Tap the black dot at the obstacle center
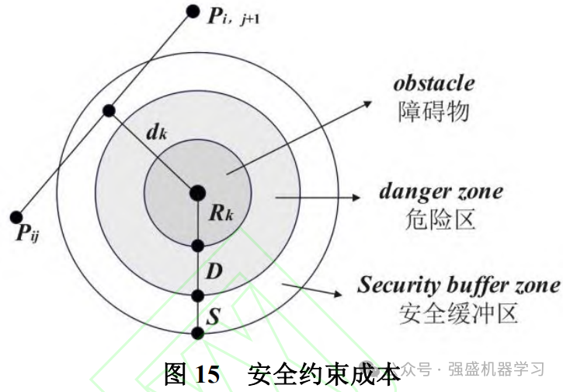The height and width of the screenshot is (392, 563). tap(197, 191)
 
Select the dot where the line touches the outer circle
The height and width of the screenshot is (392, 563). tap(109, 111)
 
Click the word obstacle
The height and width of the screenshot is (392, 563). tap(433, 82)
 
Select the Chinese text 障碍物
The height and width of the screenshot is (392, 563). tap(433, 111)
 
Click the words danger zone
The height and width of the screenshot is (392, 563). tap(440, 191)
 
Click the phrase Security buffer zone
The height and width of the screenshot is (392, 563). tap(458, 285)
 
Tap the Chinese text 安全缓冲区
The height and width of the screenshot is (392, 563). tap(458, 313)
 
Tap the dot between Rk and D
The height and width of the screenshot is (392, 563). tap(197, 246)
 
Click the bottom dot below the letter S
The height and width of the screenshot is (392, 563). tap(197, 334)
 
